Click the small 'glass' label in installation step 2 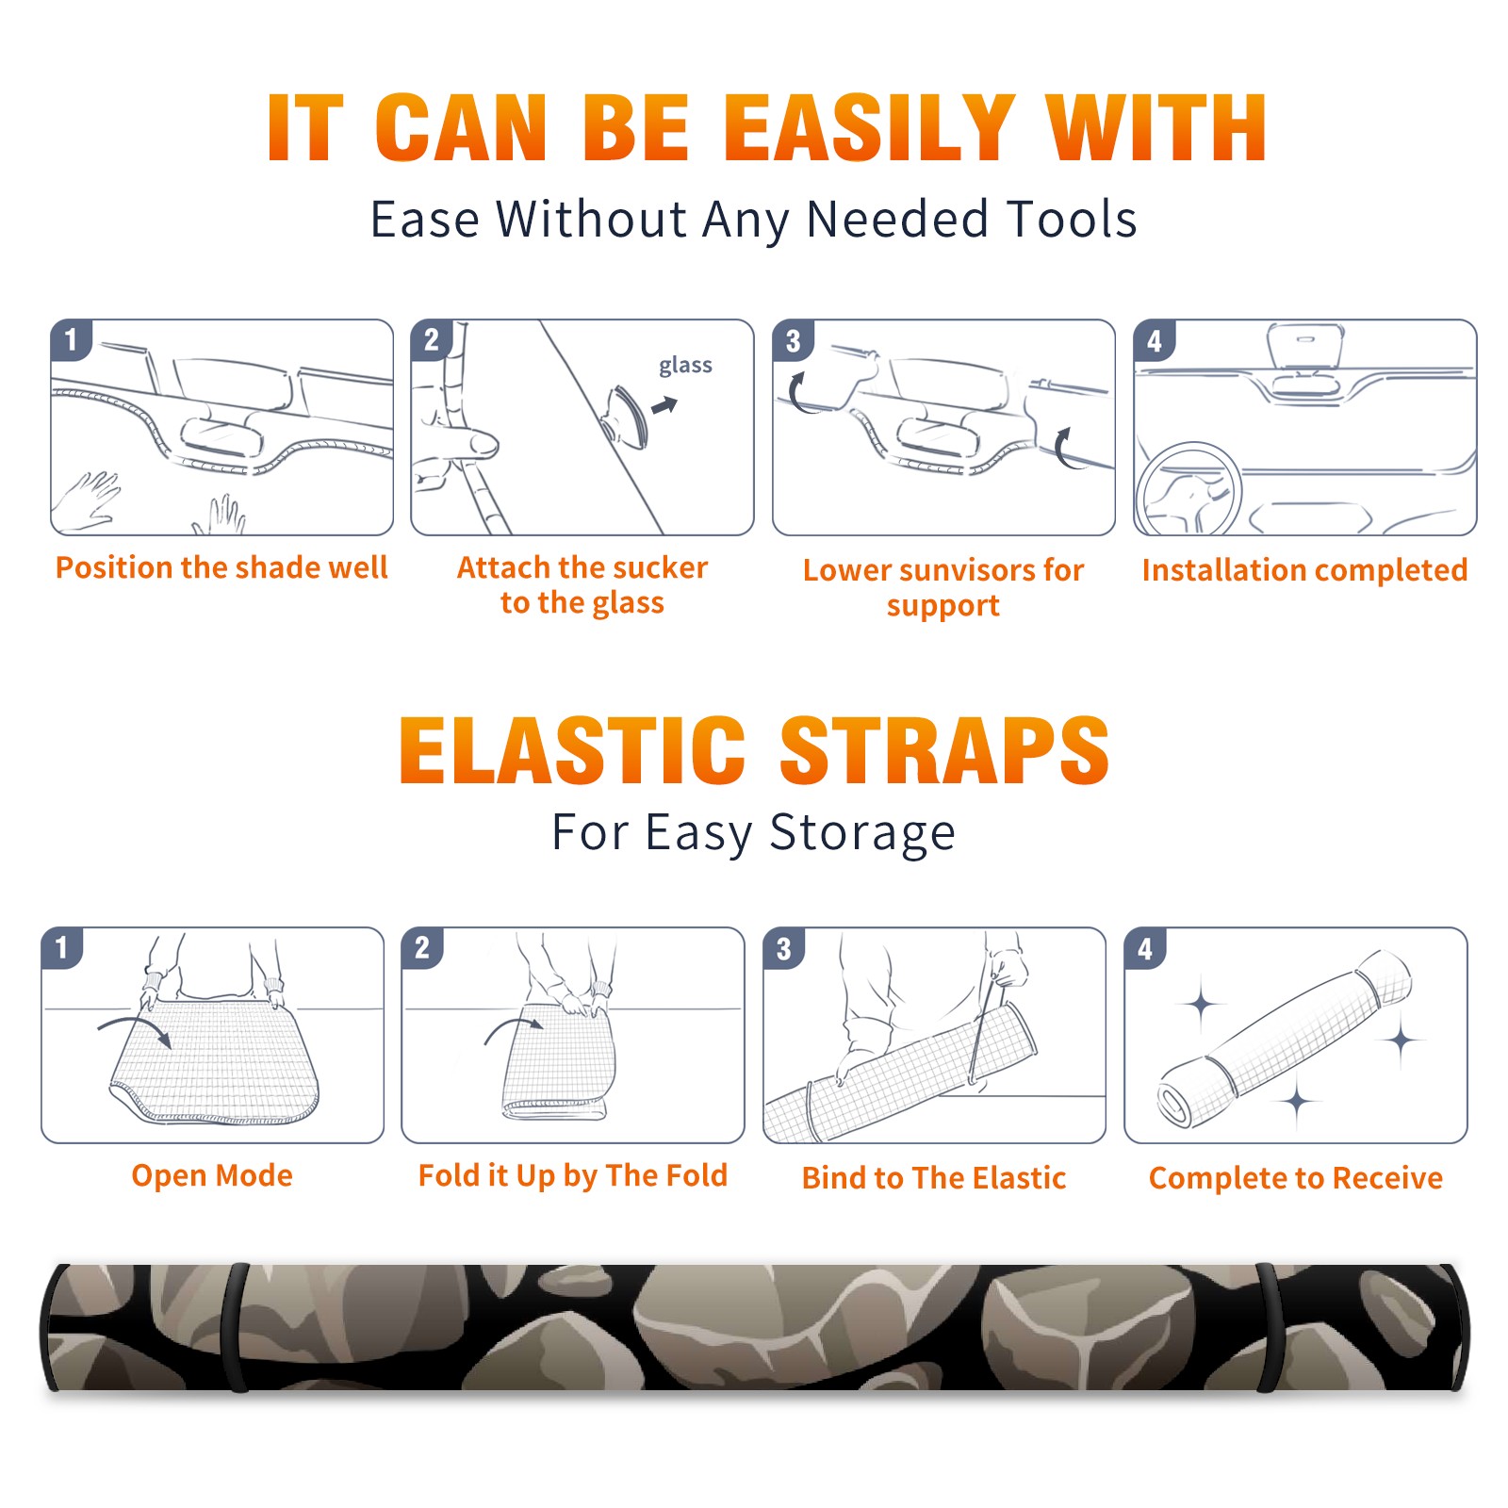(685, 366)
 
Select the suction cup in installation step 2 (626, 417)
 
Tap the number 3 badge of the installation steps (793, 340)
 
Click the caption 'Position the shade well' (221, 567)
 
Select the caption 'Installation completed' (1304, 570)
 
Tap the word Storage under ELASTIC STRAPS (862, 833)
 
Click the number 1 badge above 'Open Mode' (62, 948)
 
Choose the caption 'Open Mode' (212, 1175)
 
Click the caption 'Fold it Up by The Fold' (573, 1175)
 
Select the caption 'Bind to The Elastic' (934, 1178)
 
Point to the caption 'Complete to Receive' (1296, 1178)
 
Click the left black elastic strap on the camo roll (235, 1327)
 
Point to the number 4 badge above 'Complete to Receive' (1145, 948)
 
